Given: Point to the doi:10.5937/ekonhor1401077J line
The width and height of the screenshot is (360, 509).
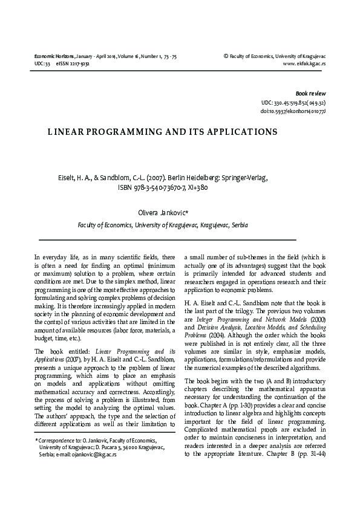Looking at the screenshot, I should click(293, 112).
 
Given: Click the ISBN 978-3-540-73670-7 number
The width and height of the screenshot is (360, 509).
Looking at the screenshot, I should click(154, 187).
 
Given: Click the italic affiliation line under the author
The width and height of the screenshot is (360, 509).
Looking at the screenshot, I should click(163, 225).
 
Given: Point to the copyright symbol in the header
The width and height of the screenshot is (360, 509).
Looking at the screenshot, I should click(226, 56).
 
